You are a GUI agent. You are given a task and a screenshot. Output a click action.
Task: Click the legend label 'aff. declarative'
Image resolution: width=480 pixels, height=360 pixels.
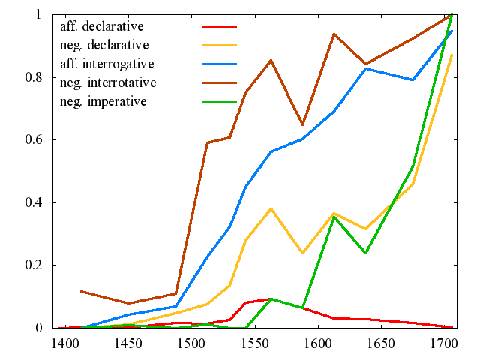point(102,27)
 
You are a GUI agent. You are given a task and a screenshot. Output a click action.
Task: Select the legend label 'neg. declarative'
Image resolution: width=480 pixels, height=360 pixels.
point(104,45)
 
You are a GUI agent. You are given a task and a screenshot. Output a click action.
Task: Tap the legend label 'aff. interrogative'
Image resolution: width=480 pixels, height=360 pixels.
point(107,63)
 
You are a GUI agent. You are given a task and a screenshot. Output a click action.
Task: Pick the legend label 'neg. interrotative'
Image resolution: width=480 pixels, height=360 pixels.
point(108,81)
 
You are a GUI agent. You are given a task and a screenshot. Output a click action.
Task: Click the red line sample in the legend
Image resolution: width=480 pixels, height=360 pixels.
point(219,27)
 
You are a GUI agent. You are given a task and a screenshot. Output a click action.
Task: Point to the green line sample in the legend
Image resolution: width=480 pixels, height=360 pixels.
point(219,100)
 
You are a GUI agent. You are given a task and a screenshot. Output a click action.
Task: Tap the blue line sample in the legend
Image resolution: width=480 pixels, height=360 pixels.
point(219,63)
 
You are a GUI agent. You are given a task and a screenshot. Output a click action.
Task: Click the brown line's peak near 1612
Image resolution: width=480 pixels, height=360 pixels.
point(334,34)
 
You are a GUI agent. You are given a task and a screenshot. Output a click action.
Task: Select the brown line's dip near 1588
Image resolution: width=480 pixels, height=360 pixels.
point(302,124)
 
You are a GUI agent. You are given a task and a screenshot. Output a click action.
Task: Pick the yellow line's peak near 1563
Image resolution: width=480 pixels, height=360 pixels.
point(271,208)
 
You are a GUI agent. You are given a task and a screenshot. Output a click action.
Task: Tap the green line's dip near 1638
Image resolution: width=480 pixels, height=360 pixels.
point(365,253)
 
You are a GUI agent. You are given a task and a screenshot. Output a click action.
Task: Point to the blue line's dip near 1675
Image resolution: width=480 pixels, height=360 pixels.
point(412,79)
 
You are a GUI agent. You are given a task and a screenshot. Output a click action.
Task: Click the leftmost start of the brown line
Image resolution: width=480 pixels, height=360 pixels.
point(80,291)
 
